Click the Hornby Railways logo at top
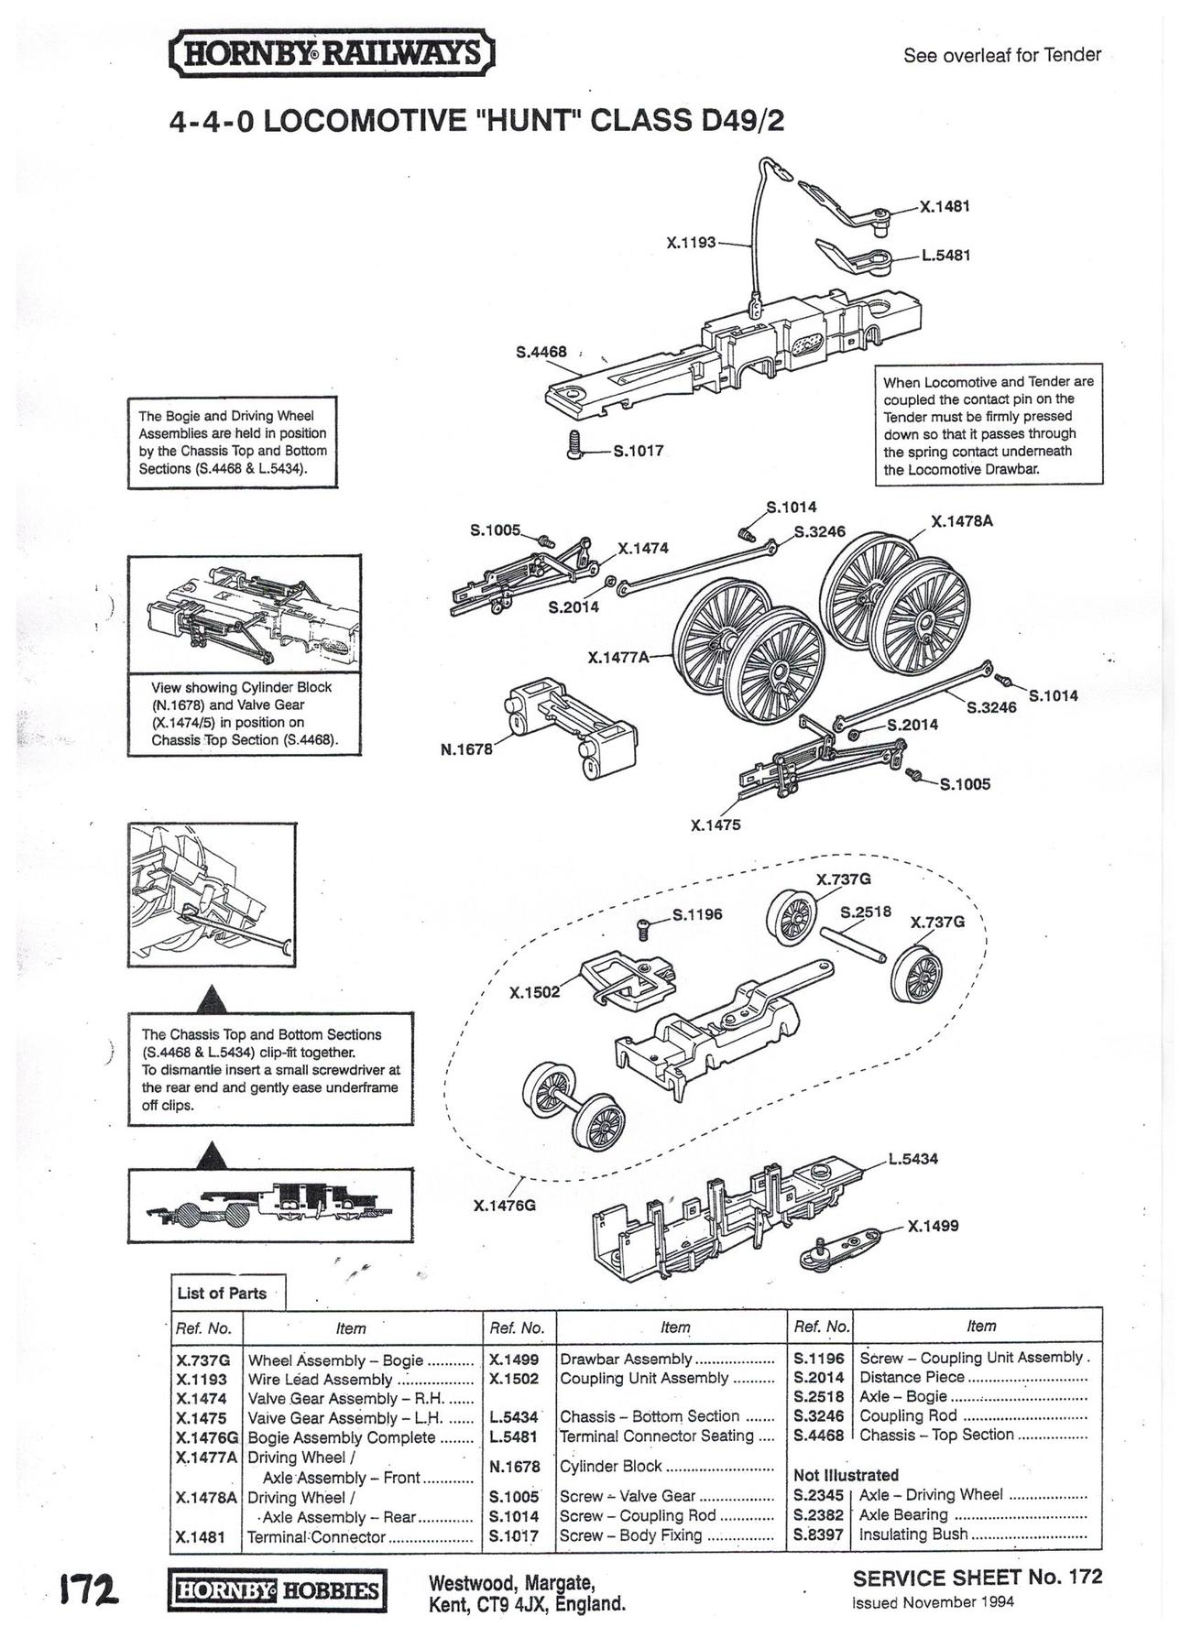[x=332, y=54]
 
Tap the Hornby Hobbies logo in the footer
[x=277, y=1589]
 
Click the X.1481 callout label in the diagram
[x=945, y=207]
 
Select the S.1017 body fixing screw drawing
[x=575, y=444]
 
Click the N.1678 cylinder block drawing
[x=570, y=727]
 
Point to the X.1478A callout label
[x=962, y=521]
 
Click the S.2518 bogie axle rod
[x=852, y=944]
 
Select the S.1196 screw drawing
[x=644, y=927]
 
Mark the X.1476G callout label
[x=504, y=1206]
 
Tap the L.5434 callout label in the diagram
[x=913, y=1159]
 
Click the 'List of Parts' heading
[x=222, y=1293]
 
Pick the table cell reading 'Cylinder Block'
[x=611, y=1466]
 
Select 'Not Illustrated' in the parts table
[x=846, y=1475]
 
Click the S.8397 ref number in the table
[x=818, y=1534]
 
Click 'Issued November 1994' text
[x=933, y=1602]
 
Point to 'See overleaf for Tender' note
[x=1002, y=55]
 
